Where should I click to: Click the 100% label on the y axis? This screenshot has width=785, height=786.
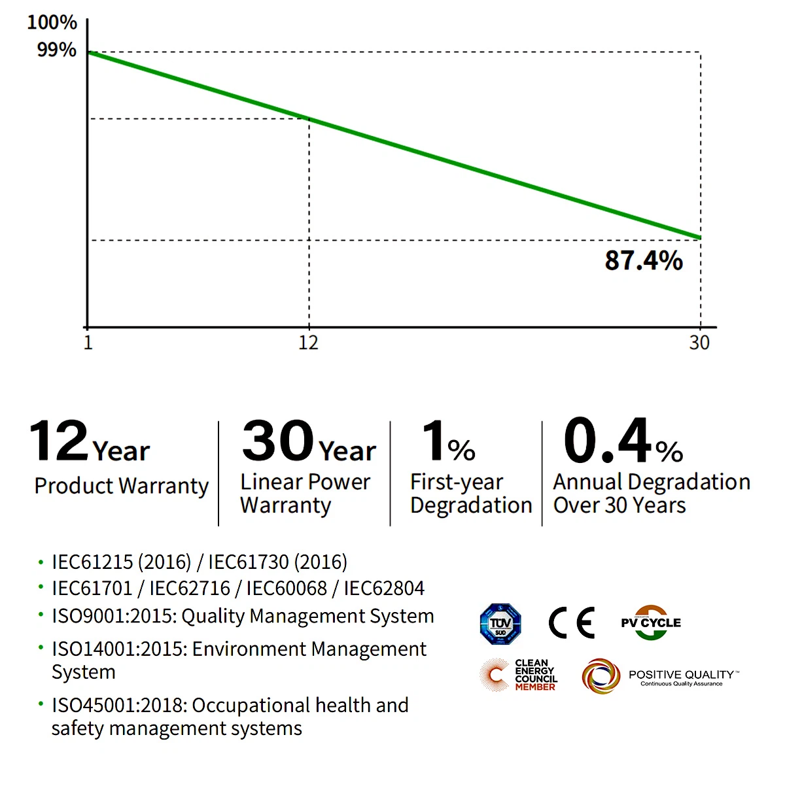[x=52, y=22]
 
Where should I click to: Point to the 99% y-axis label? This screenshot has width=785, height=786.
[x=56, y=50]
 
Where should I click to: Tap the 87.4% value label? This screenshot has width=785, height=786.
[x=644, y=260]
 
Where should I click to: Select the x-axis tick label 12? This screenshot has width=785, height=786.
[x=308, y=343]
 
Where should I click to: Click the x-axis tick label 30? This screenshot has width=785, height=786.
[x=699, y=343]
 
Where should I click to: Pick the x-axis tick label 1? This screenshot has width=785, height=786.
[x=88, y=343]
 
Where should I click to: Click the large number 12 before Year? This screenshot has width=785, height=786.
[x=59, y=441]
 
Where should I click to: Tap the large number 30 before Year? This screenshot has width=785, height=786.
[x=278, y=441]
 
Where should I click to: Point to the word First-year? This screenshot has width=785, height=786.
[x=457, y=482]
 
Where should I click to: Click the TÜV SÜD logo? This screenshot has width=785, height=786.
[x=500, y=624]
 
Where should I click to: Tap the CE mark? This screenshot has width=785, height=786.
[x=571, y=623]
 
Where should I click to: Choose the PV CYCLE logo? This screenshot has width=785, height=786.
[x=651, y=623]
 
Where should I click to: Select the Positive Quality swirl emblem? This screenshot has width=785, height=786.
[x=601, y=676]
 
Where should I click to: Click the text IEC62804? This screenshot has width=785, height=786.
[x=384, y=589]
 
